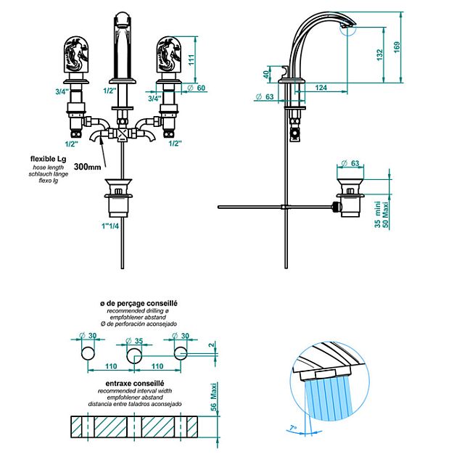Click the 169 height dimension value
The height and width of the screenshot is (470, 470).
(397, 47)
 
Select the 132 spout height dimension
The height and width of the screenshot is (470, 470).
(379, 55)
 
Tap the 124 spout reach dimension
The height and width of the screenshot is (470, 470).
(321, 88)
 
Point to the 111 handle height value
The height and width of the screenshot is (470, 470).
(191, 59)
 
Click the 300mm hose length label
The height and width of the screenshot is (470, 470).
(87, 166)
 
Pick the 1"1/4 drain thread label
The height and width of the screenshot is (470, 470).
(110, 226)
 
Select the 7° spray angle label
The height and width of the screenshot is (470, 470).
(293, 428)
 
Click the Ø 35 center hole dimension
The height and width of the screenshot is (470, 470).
(135, 341)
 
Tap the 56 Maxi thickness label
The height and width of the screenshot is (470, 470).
(213, 397)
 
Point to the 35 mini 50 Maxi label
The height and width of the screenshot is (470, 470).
(382, 214)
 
